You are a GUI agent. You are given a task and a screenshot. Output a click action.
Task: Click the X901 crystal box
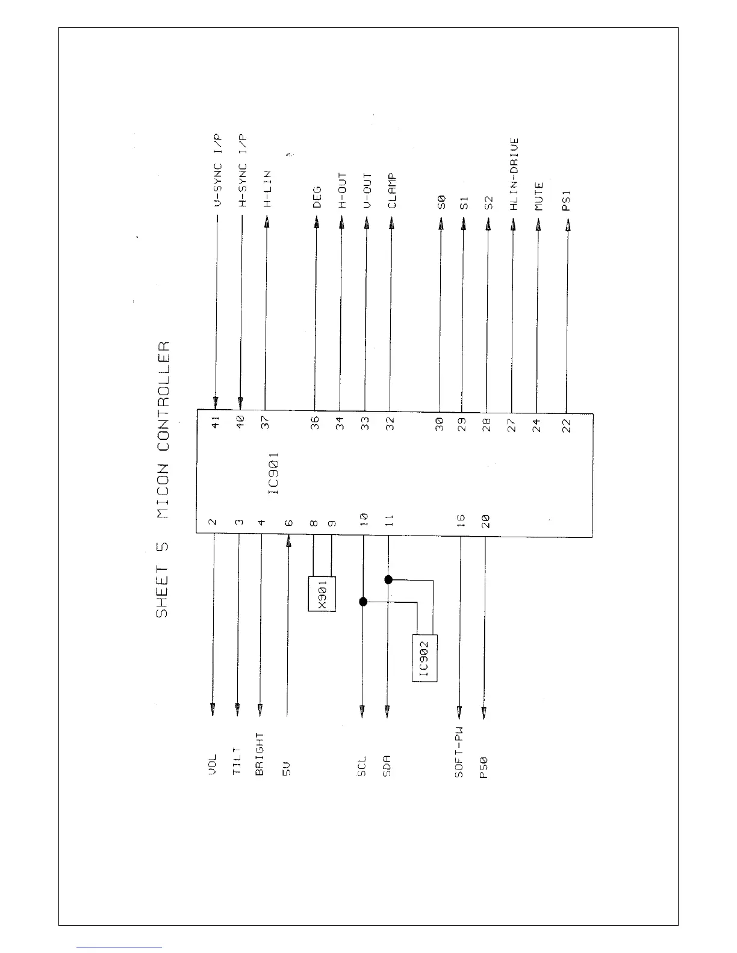coord(322,594)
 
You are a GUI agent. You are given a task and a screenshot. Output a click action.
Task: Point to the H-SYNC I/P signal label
coord(242,171)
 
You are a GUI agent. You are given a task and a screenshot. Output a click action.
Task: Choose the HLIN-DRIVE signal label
coord(514,174)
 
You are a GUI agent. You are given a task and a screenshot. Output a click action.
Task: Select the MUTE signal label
coord(539,196)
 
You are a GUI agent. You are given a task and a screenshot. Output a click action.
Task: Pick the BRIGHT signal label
coord(260,754)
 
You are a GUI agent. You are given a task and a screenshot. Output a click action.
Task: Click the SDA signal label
coord(387,765)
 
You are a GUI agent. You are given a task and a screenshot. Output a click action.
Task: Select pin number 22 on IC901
coord(566,425)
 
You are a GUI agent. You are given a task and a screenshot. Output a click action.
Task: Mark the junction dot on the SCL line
coord(362,602)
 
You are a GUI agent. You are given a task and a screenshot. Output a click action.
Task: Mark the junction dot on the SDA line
coord(388,579)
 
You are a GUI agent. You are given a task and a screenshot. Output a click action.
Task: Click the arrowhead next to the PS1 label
coord(566,227)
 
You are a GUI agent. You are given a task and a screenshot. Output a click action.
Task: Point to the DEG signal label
coord(317,197)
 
